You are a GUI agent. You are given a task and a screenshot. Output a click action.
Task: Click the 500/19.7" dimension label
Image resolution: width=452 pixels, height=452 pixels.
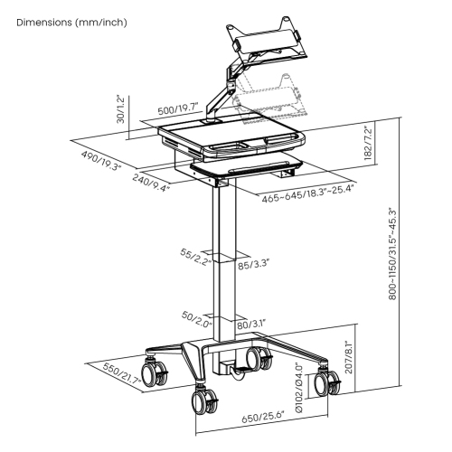(178, 110)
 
